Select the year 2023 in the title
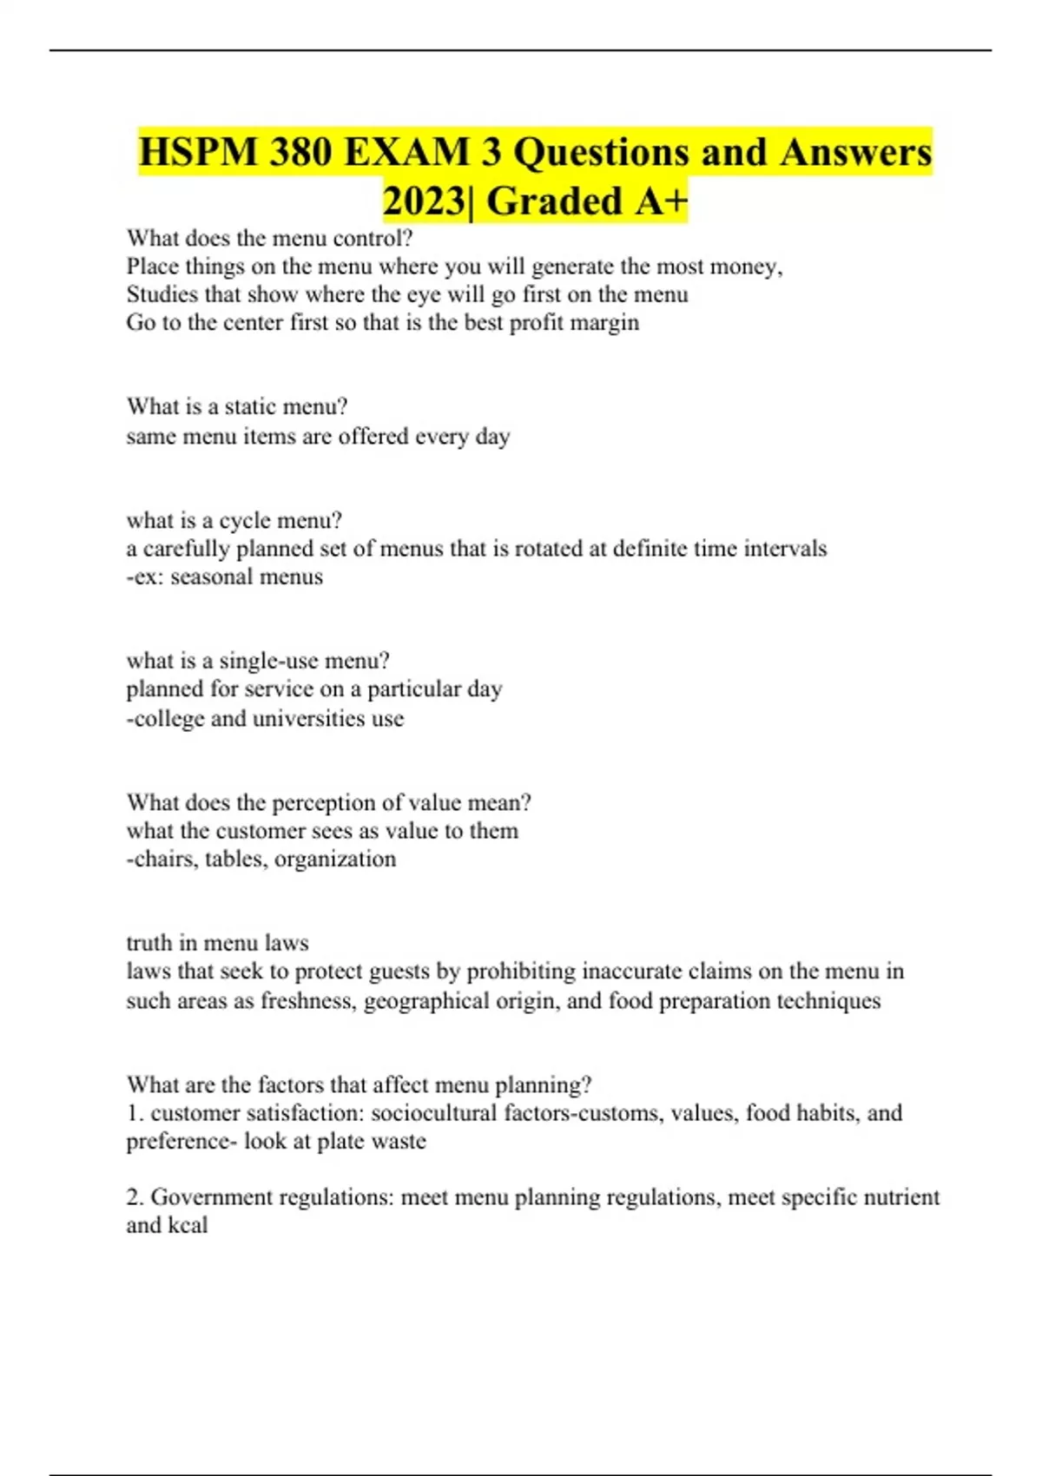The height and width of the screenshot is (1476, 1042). [x=423, y=201]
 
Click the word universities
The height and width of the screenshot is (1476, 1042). [x=308, y=719]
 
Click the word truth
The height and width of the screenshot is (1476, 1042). [x=148, y=943]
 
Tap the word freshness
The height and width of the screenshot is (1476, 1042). [x=308, y=1001]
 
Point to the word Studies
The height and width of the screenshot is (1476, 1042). [x=162, y=294]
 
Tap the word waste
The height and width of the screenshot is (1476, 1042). [x=399, y=1141]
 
